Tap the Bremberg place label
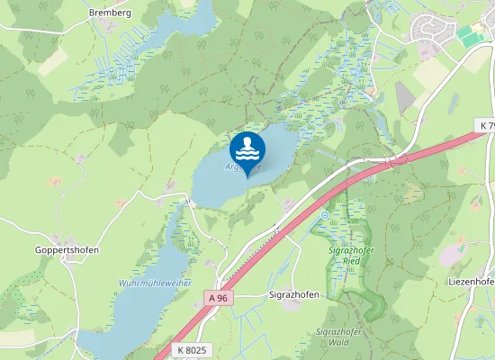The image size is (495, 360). (x=111, y=13)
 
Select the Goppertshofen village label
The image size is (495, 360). (x=67, y=250)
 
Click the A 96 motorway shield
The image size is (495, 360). (x=216, y=298)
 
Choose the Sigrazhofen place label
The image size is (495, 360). (x=295, y=294)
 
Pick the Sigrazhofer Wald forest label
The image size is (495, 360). (x=338, y=337)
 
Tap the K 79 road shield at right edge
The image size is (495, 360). (x=486, y=125)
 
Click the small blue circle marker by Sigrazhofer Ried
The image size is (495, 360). (x=324, y=215)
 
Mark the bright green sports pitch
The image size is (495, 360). (x=470, y=36)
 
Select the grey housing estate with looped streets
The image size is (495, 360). (x=430, y=29)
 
